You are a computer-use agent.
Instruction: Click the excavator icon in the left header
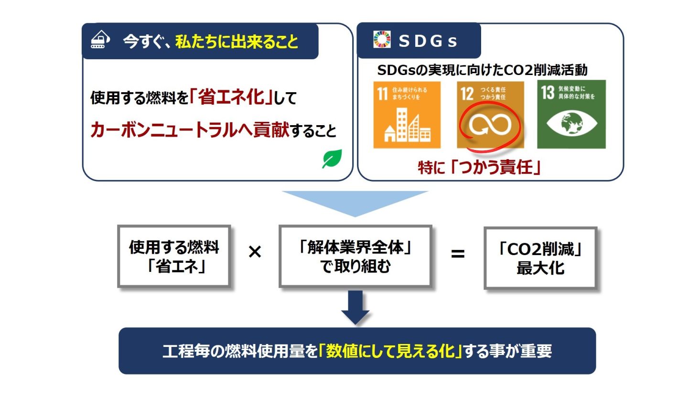100,40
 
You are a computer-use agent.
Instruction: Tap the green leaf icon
332,159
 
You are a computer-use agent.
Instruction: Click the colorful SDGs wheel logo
382,40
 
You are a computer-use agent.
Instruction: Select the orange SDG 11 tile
407,115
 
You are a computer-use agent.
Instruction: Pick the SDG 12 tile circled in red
490,115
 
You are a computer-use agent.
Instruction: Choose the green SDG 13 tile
571,115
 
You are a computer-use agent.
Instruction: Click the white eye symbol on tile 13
571,123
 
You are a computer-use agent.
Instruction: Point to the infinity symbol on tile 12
490,125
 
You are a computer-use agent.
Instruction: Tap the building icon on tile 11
407,126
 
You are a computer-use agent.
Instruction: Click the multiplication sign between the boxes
255,252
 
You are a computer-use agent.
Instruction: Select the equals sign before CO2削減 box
457,254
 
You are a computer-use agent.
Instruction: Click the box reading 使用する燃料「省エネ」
174,257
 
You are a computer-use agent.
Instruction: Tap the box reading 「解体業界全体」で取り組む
355,257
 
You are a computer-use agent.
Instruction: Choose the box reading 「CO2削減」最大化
540,258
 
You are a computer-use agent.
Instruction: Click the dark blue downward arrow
355,308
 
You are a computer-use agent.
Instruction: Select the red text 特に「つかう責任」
479,167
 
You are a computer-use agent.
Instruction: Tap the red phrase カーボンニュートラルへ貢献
190,130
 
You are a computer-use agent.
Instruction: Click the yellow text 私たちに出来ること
236,42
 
